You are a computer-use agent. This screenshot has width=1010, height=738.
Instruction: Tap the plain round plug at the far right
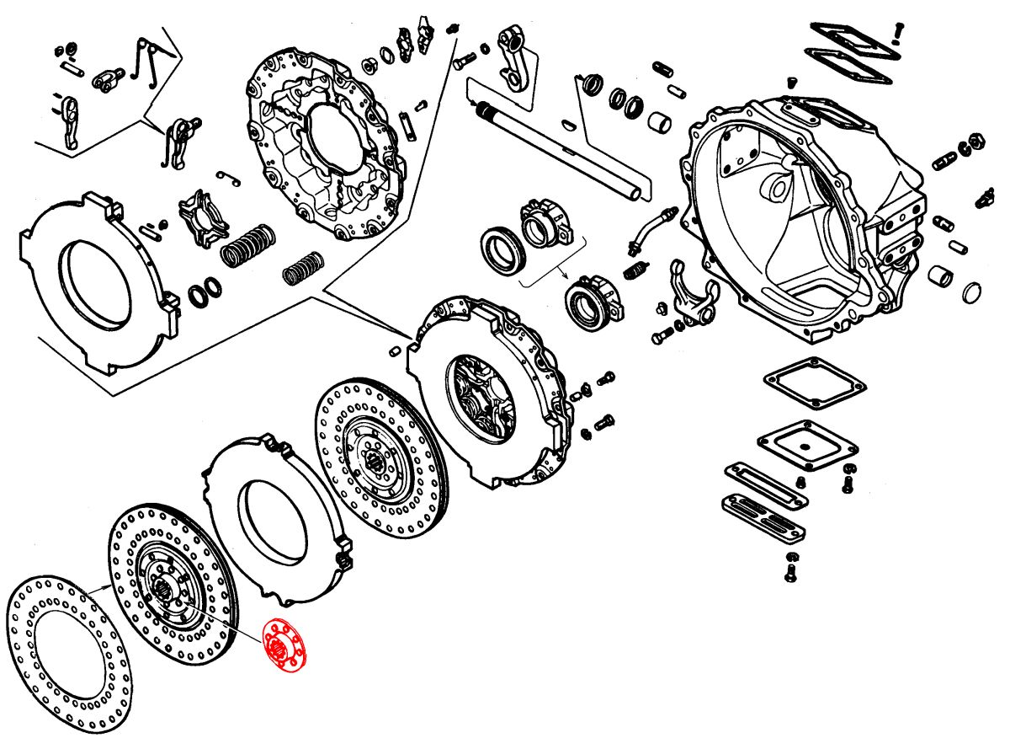pyautogui.click(x=970, y=293)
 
